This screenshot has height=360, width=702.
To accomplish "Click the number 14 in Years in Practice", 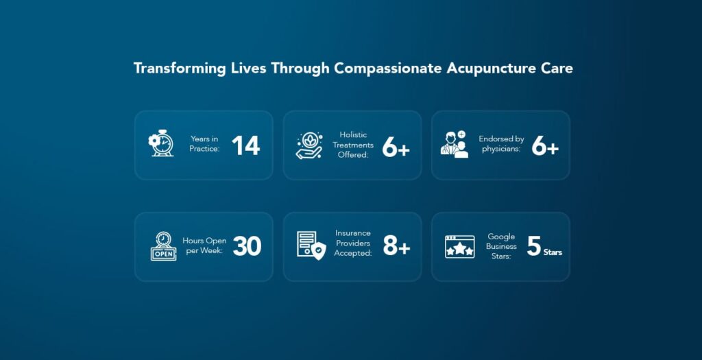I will (245, 145).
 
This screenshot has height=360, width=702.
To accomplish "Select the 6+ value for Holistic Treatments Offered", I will (396, 146).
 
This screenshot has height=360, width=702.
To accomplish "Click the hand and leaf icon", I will (310, 145).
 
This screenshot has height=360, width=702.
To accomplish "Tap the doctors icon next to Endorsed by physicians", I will (455, 145).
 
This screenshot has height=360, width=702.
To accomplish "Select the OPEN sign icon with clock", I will (163, 246).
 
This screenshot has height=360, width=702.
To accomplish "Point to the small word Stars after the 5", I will (553, 253).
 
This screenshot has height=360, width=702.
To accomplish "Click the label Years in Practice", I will (205, 144).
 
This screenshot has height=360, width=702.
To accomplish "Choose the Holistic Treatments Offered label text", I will (354, 145).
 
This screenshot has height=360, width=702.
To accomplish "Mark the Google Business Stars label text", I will (501, 246).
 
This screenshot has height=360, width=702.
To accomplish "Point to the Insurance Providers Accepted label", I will (353, 243).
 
